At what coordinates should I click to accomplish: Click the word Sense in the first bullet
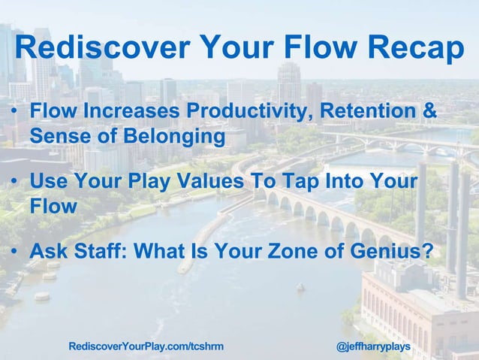click(x=57, y=138)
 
